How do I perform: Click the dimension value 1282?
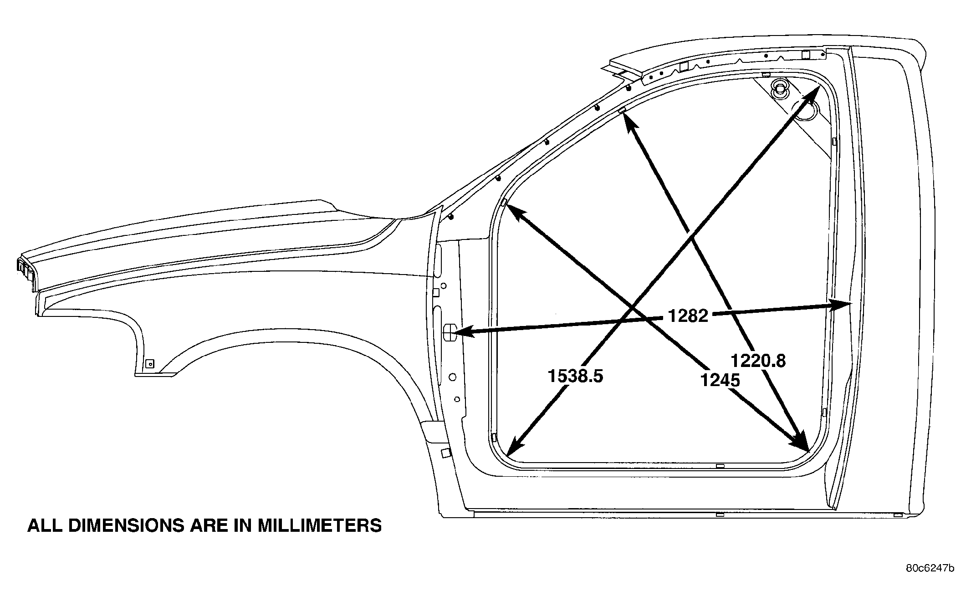[x=688, y=316]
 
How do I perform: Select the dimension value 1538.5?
[x=575, y=376]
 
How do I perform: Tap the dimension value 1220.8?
[x=758, y=361]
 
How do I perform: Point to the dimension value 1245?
[x=720, y=380]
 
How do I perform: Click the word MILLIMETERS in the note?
[x=320, y=525]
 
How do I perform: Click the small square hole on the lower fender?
[x=149, y=363]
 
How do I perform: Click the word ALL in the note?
[x=45, y=525]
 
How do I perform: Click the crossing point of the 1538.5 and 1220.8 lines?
[x=692, y=239]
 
